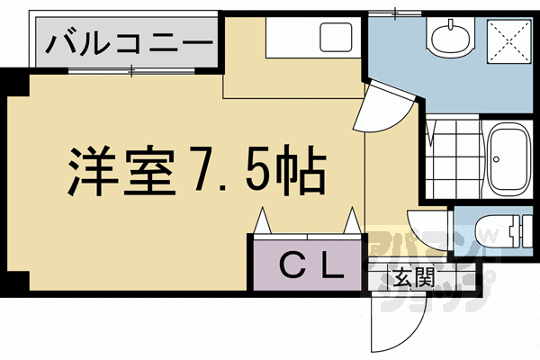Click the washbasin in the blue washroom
[449, 38]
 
